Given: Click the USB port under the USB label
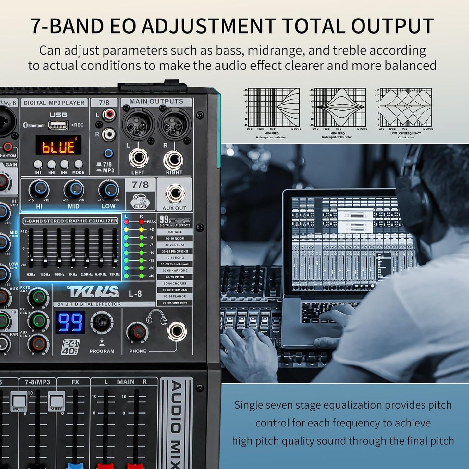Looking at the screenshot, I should tap(58, 125).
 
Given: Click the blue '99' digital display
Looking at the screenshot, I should tap(70, 322).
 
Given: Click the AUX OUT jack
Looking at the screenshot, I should tap(175, 194).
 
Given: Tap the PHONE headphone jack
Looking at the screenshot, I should tap(177, 332).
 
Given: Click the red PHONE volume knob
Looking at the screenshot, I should tap(138, 332).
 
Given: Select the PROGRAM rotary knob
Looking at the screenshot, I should tap(102, 322).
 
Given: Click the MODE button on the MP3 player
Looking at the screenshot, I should tap(78, 164).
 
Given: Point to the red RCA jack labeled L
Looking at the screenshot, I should tap(109, 114).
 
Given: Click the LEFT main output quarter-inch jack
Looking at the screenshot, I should tap(138, 159).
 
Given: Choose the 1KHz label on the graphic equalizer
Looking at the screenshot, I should tap(73, 275).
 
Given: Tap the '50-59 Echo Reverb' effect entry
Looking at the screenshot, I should tap(175, 264).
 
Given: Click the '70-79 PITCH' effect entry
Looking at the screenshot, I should tap(175, 277).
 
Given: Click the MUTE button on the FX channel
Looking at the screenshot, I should tap(56, 401).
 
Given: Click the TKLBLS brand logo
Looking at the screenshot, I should tap(93, 292).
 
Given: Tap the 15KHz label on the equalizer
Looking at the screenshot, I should tap(115, 275).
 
